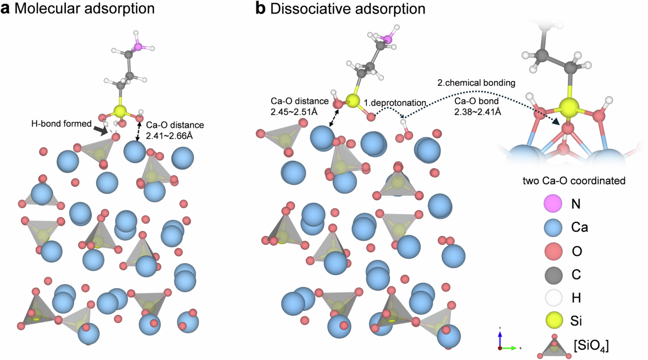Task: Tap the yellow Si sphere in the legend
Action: tap(554, 320)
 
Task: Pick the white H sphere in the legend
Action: tap(554, 297)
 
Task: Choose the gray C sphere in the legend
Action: tap(554, 274)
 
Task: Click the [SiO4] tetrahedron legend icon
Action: tap(554, 343)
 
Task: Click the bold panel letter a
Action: tap(6, 9)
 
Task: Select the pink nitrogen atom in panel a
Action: tap(138, 46)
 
